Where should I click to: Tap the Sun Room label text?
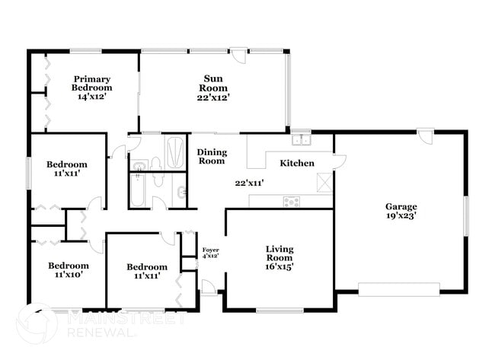click(212, 82)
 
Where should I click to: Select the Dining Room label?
click(212, 157)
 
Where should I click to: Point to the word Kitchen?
click(297, 164)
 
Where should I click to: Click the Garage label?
click(401, 206)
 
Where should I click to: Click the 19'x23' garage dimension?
click(401, 216)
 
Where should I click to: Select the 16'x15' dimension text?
click(279, 266)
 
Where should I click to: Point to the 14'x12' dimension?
click(93, 97)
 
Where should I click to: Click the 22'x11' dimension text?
click(249, 183)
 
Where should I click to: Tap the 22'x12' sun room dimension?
click(212, 97)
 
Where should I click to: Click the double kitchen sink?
click(302, 140)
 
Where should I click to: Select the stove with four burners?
click(292, 201)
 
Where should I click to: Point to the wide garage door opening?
click(399, 288)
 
